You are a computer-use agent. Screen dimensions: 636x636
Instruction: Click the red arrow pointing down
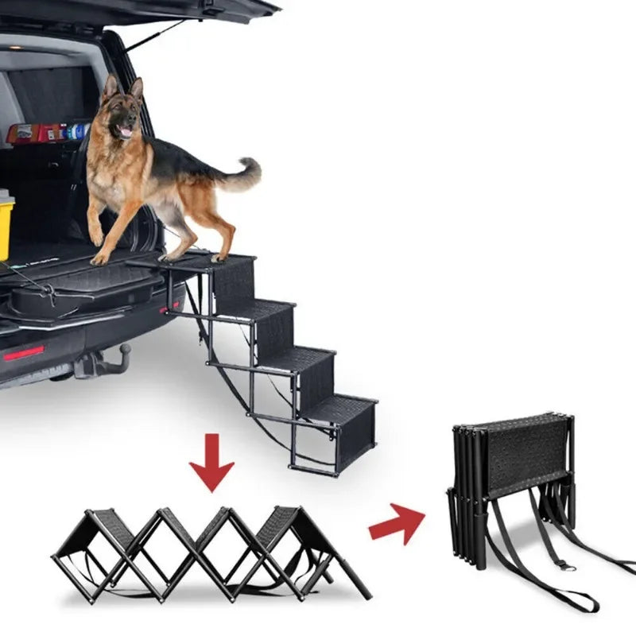tap(211, 458)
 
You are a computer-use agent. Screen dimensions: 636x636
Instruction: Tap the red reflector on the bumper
tap(24, 352)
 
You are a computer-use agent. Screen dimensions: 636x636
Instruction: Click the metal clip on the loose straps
tap(563, 565)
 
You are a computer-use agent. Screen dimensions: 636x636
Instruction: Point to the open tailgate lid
tap(159, 10)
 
